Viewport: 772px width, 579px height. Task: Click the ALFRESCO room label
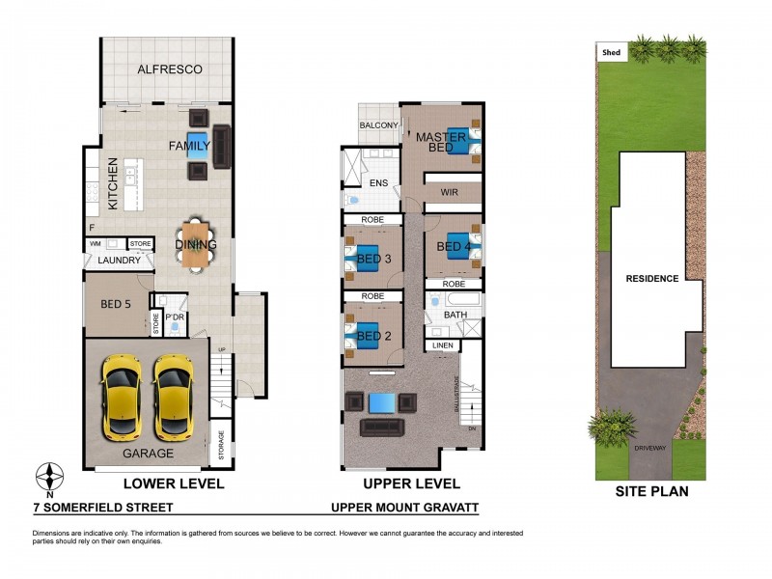click(x=169, y=69)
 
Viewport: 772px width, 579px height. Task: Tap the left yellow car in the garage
click(x=123, y=395)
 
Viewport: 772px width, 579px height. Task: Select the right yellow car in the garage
click(x=175, y=395)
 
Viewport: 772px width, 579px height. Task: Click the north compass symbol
click(x=51, y=477)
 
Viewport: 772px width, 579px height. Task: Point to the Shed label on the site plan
click(x=611, y=53)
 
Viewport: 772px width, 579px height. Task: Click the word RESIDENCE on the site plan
click(x=651, y=279)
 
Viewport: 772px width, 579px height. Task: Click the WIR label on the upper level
click(x=448, y=193)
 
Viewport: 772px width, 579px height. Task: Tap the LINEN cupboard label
click(x=443, y=345)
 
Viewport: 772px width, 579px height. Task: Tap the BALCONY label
click(x=379, y=126)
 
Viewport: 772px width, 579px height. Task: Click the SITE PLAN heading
click(x=651, y=491)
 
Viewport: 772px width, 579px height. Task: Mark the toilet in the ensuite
click(x=353, y=201)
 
